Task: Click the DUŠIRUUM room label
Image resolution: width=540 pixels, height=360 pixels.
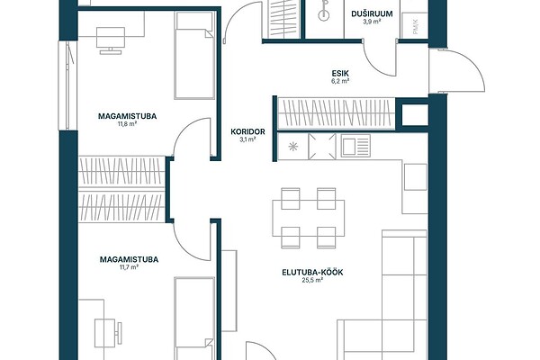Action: [x=372, y=14]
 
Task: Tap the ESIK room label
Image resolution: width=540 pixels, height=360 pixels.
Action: [x=340, y=74]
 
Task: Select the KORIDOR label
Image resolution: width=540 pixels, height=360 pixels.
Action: [x=248, y=131]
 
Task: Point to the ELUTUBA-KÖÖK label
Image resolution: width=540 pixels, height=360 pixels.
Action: [x=312, y=273]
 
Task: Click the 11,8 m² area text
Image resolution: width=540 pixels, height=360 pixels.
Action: [x=128, y=124]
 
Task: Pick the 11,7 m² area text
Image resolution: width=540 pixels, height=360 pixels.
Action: [x=129, y=267]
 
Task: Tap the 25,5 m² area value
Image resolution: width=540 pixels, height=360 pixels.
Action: [x=312, y=281]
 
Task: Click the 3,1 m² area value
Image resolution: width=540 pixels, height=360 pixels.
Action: [x=248, y=139]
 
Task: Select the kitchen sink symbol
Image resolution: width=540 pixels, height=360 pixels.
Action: [x=355, y=146]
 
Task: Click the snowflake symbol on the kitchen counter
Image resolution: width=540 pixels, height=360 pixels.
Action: [x=293, y=147]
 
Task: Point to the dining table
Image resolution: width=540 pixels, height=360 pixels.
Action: [x=308, y=218]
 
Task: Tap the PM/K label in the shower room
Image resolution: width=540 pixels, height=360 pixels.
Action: [x=415, y=27]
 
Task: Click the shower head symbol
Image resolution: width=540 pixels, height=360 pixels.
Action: [x=324, y=11]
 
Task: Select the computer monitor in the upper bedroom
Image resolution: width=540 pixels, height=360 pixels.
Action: [x=111, y=40]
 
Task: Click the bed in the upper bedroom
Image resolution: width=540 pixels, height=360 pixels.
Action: [x=194, y=55]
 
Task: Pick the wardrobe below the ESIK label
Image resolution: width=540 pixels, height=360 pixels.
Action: [x=336, y=113]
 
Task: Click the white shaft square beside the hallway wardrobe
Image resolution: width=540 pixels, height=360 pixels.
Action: [x=415, y=115]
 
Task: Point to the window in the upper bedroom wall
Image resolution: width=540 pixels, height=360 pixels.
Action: [x=67, y=85]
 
